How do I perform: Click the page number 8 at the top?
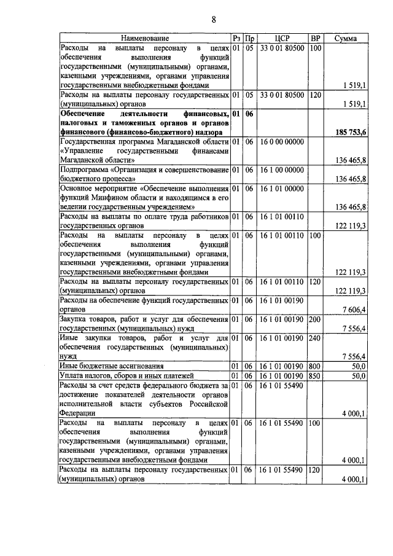214,19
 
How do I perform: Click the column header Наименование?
145,38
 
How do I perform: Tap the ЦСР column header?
282,38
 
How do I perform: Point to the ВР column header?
316,38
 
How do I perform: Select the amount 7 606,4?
356,308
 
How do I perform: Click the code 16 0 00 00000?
282,141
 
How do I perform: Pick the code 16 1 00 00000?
282,169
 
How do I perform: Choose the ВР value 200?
315,319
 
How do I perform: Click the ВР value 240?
315,339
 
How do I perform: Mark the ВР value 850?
315,375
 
